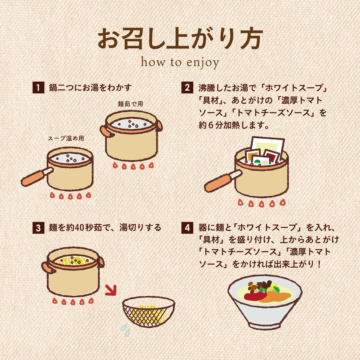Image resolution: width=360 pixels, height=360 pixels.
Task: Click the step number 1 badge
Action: click(x=38, y=87)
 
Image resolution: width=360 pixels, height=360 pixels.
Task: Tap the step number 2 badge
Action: click(x=187, y=87)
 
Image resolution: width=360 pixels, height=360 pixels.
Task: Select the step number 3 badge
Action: click(x=38, y=228)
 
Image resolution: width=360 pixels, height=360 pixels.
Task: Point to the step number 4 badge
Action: click(x=187, y=228)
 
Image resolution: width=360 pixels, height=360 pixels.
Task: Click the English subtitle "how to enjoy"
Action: click(x=180, y=62)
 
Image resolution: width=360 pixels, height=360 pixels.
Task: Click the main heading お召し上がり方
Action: click(x=180, y=38)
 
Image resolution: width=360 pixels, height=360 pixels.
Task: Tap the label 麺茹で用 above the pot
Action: click(x=130, y=104)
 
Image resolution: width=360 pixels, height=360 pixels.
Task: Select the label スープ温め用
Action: click(x=66, y=138)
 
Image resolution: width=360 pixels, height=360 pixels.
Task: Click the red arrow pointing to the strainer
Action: click(x=111, y=290)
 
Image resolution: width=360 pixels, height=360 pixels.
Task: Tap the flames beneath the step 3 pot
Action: click(x=73, y=301)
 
